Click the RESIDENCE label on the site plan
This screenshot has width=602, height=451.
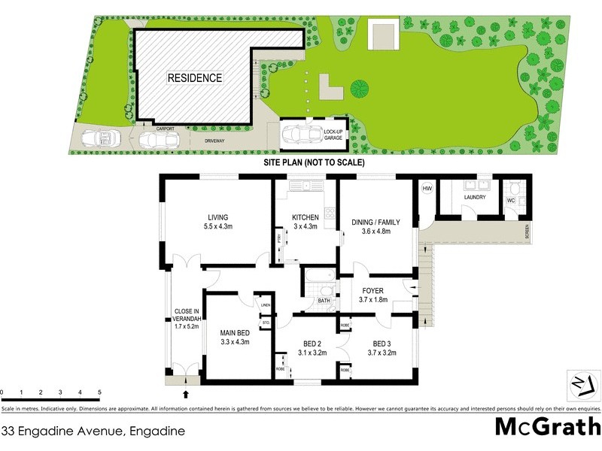click(194, 77)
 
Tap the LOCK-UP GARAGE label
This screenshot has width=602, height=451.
click(333, 135)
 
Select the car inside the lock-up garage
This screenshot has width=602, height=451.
click(300, 135)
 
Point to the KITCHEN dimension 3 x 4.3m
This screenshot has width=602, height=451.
click(306, 228)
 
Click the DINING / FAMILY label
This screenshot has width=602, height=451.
click(375, 222)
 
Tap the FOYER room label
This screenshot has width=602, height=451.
click(372, 291)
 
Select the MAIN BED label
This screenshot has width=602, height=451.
click(235, 332)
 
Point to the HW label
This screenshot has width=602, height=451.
click(426, 189)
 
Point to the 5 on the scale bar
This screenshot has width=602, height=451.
click(99, 392)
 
